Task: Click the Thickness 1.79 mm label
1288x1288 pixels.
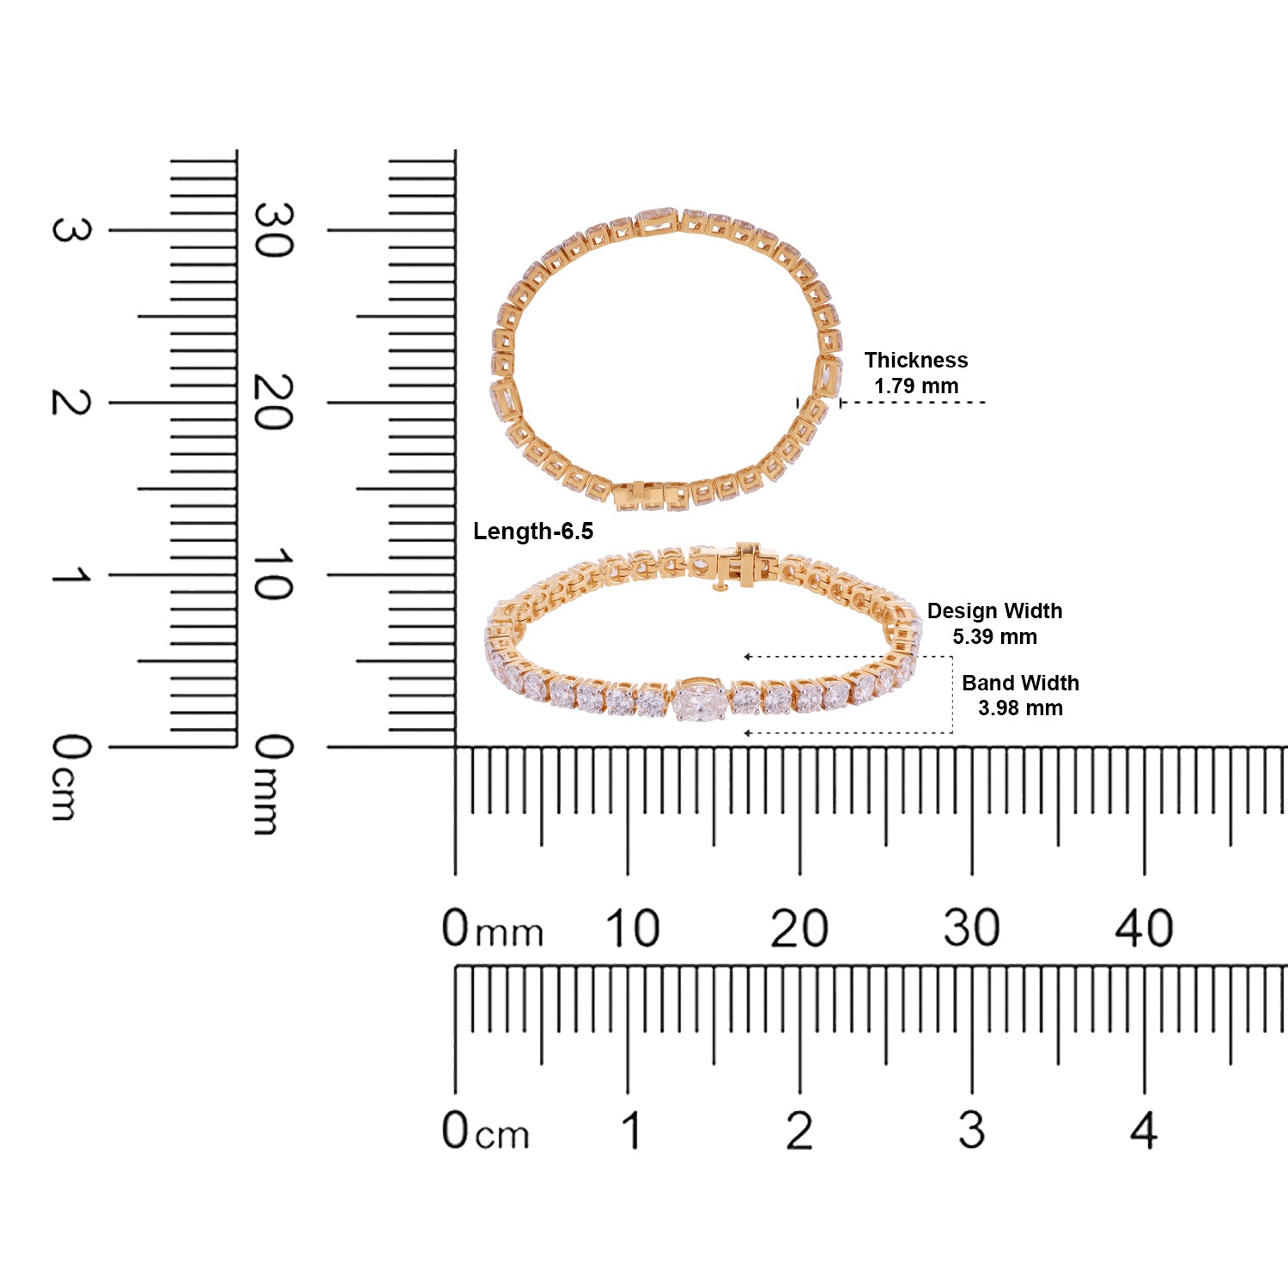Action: (915, 373)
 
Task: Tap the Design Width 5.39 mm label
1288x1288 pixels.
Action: (994, 623)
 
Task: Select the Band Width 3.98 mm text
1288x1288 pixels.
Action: (1020, 696)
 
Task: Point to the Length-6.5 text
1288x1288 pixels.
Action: (533, 532)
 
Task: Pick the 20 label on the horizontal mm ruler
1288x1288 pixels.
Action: (799, 929)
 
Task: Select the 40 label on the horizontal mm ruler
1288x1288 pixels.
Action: (1144, 929)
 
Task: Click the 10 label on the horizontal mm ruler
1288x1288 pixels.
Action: (632, 929)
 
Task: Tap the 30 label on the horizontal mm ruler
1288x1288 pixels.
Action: (971, 929)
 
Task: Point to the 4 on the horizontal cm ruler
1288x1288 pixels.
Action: (1144, 1131)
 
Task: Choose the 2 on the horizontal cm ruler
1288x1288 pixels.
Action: (799, 1131)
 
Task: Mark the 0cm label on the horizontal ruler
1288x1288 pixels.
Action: (485, 1132)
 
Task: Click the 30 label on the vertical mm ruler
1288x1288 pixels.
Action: (273, 230)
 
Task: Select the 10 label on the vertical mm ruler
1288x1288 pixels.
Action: (273, 574)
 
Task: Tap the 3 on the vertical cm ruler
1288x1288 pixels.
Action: (70, 230)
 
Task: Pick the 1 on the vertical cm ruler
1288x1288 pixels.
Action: (70, 574)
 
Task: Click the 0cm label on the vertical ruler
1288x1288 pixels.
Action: (70, 777)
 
